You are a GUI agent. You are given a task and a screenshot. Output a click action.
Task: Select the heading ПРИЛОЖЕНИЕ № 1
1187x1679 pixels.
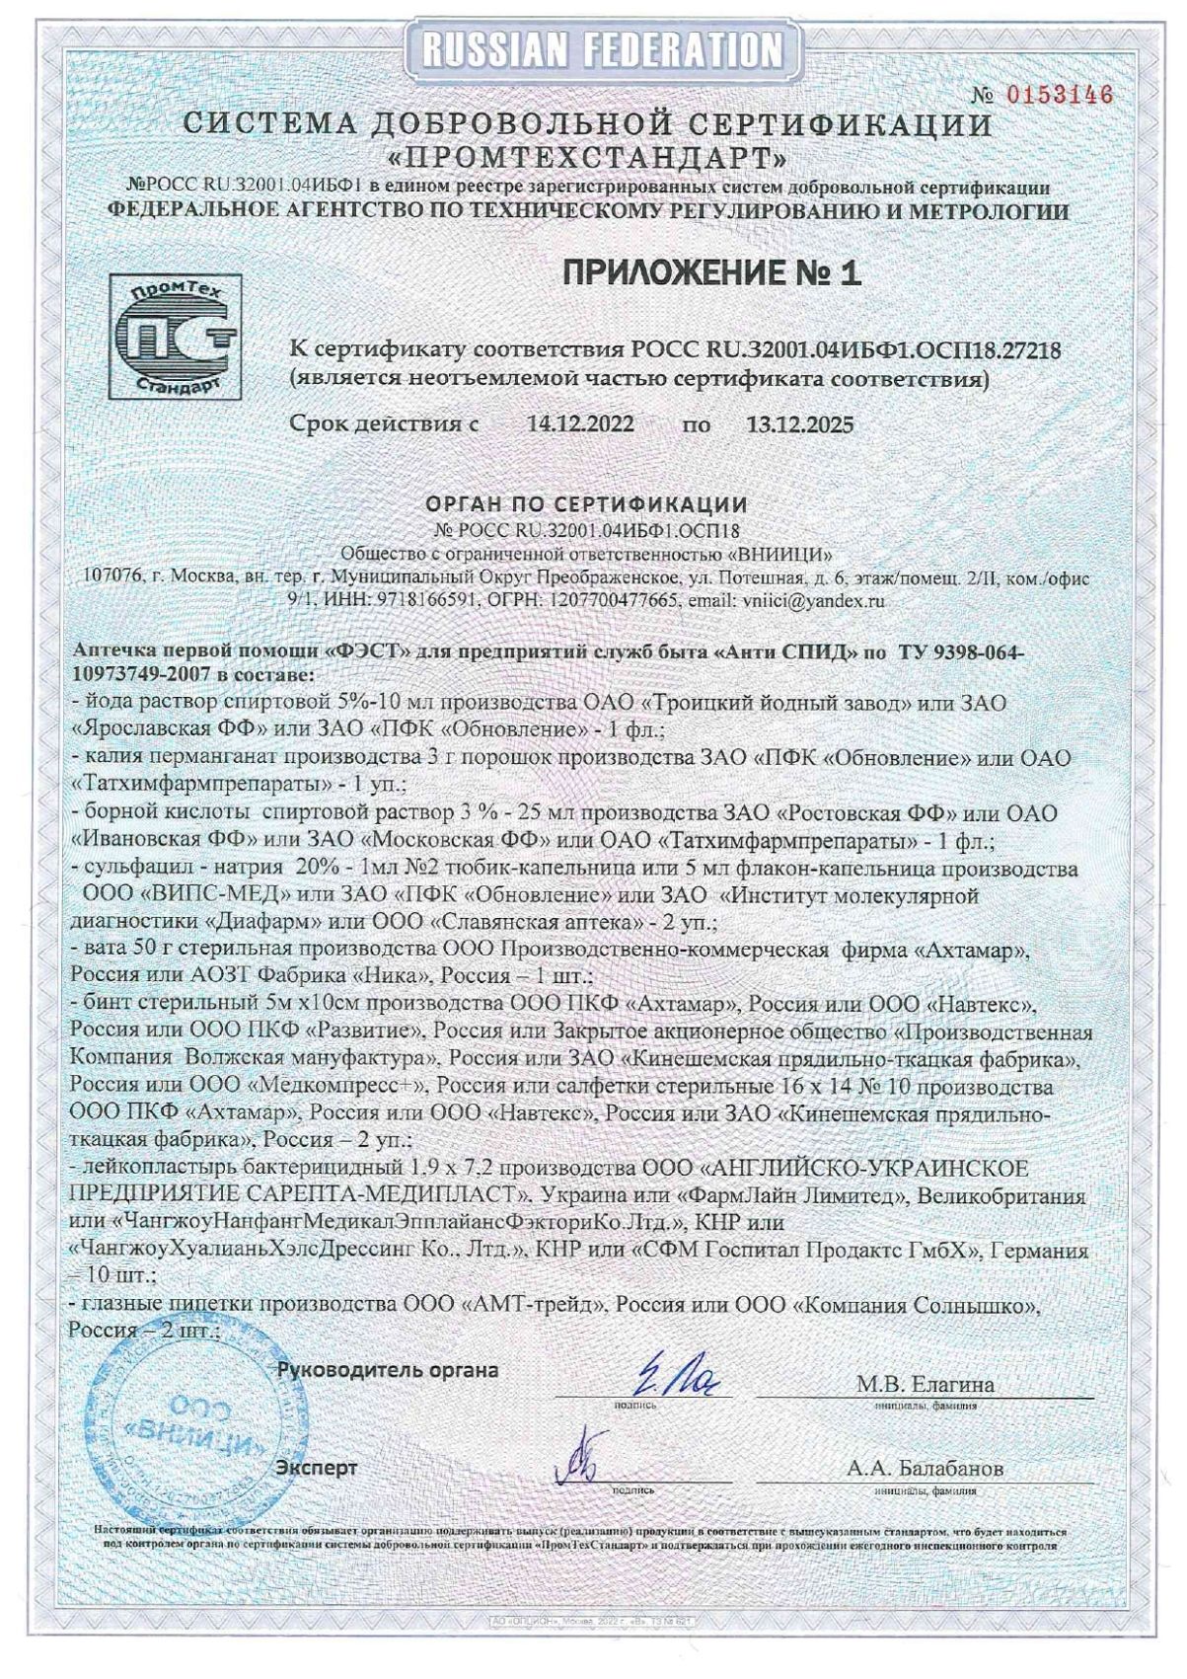[711, 273]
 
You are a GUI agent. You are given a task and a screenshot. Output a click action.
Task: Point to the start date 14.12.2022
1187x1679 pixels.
[581, 425]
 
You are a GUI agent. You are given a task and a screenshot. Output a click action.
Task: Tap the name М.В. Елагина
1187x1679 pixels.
[925, 1384]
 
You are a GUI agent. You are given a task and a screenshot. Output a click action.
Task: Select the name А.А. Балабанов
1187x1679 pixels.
[925, 1468]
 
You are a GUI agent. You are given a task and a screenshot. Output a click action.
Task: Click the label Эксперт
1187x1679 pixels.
[317, 1468]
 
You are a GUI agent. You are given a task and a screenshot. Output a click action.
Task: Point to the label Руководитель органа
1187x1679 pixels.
[387, 1370]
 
